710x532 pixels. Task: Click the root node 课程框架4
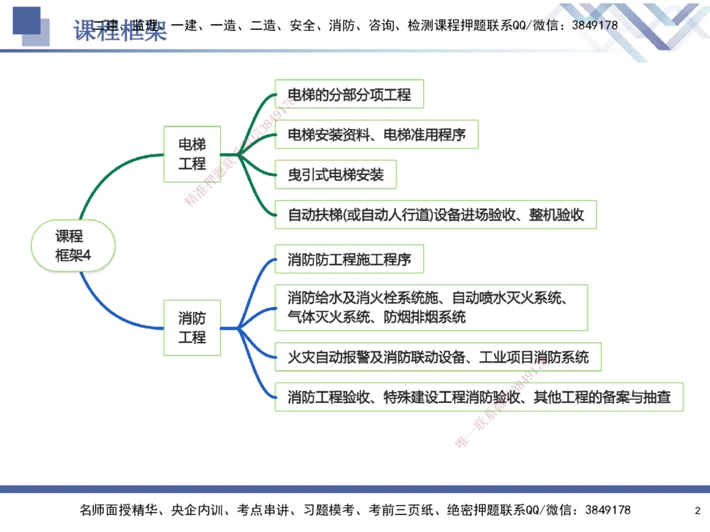click(72, 246)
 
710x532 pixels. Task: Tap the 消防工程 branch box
click(192, 327)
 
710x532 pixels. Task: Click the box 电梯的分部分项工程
click(349, 94)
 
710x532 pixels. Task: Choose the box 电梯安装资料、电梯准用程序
click(376, 135)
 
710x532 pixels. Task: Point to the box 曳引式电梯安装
click(336, 174)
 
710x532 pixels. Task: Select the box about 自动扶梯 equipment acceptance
click(436, 215)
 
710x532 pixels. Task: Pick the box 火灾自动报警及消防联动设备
click(438, 356)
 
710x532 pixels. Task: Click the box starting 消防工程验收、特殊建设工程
click(479, 397)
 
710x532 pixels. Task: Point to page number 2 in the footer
click(697, 511)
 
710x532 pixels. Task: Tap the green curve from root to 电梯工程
click(106, 175)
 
